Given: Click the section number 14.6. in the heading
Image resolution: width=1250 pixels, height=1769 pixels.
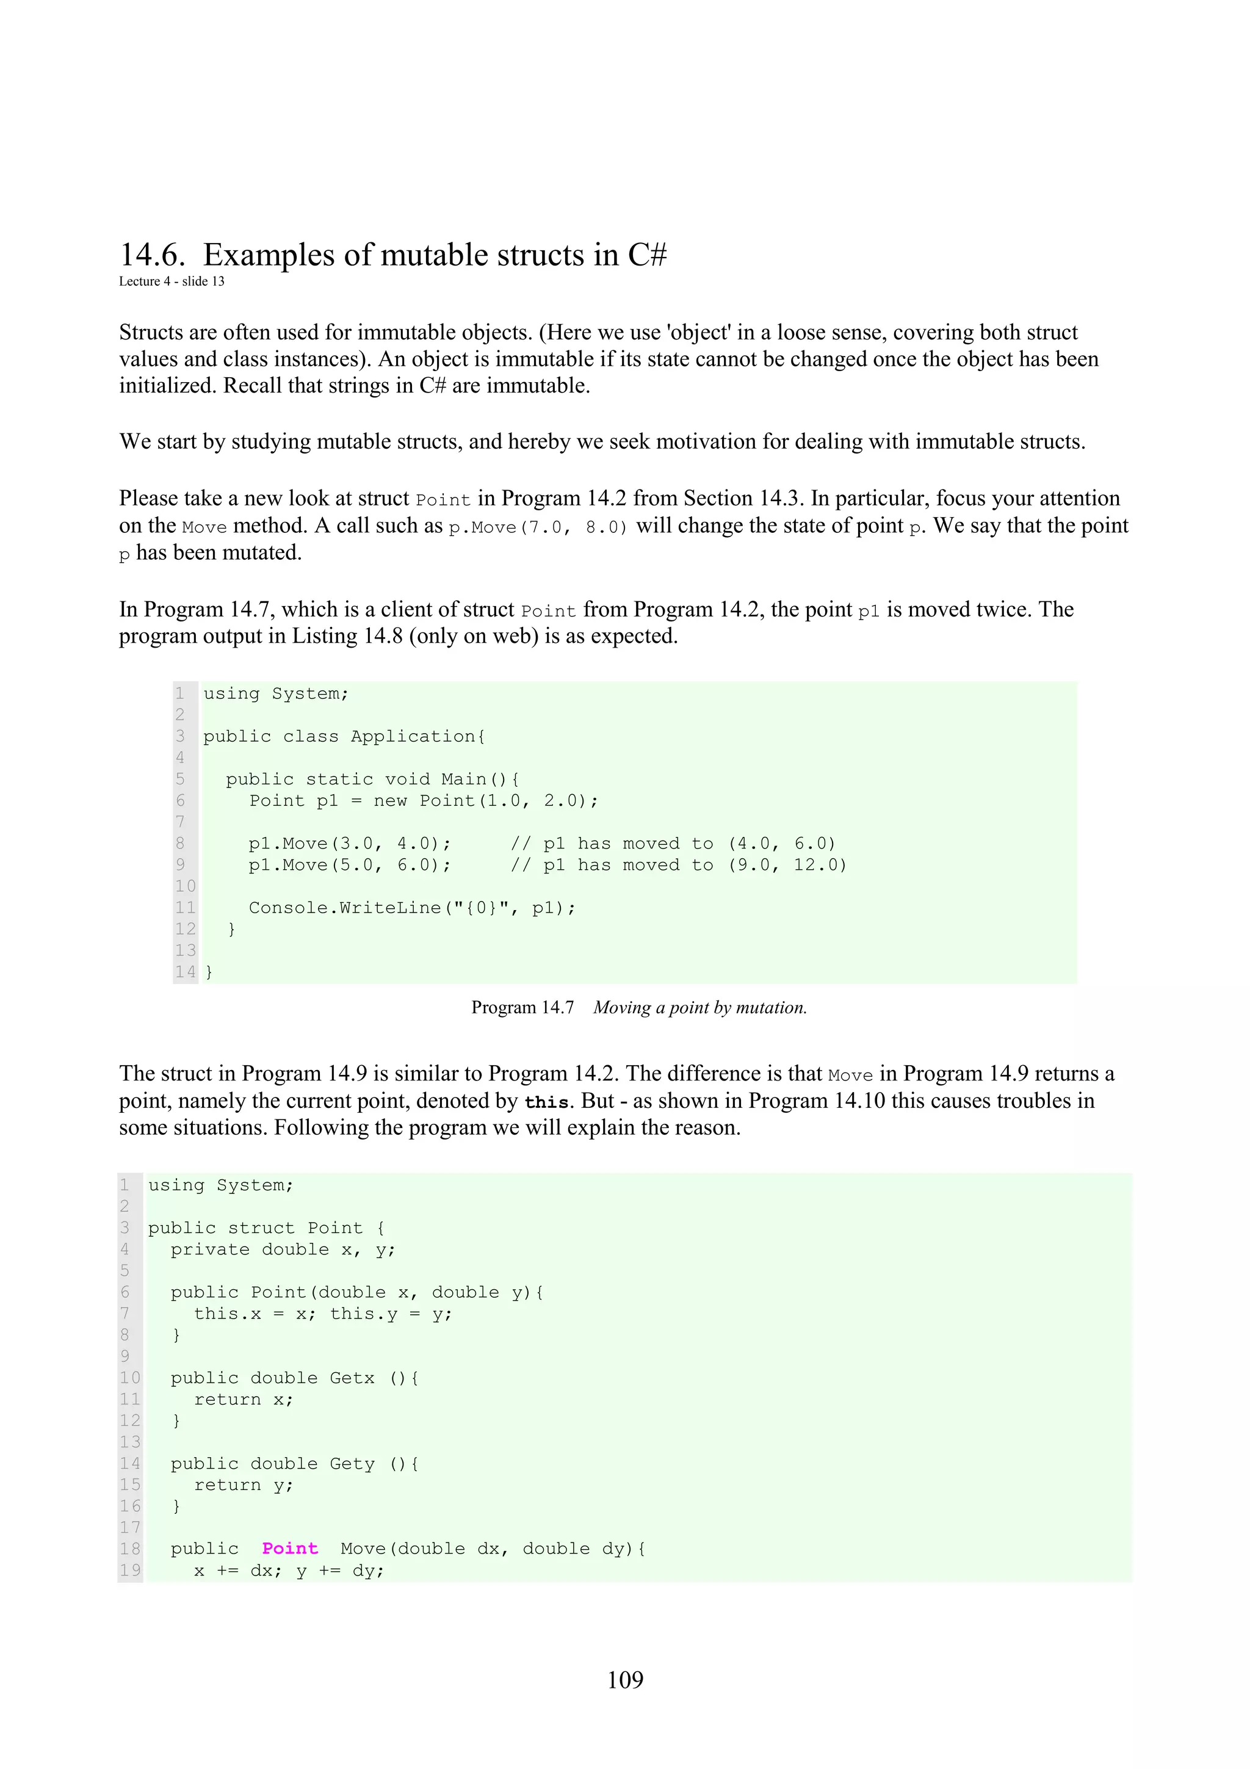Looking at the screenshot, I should point(152,255).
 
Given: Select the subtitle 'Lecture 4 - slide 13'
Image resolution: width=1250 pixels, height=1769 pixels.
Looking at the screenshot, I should point(171,281).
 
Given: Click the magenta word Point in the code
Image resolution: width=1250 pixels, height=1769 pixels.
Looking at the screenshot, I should point(289,1549).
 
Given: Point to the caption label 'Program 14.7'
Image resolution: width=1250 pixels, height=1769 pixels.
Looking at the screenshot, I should point(522,1008).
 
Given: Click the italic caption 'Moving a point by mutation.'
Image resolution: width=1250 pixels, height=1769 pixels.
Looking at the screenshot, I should point(699,1008).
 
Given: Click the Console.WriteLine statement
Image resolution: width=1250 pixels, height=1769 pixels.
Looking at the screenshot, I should point(411,908).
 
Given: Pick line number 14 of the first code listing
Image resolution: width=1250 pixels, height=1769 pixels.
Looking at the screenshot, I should point(185,972).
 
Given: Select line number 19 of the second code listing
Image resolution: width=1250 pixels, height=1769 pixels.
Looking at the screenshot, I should point(130,1570).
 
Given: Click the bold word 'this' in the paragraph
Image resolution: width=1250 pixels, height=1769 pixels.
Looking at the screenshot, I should point(546,1102).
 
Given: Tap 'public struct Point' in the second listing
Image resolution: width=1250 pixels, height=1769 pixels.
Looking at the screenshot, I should point(255,1228).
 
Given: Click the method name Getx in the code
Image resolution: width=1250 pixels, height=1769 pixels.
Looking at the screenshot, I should point(352,1378).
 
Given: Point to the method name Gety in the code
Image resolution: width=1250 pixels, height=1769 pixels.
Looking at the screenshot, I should point(352,1463).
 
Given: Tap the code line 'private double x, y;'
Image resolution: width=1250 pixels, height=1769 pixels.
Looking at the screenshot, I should point(283,1249).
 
